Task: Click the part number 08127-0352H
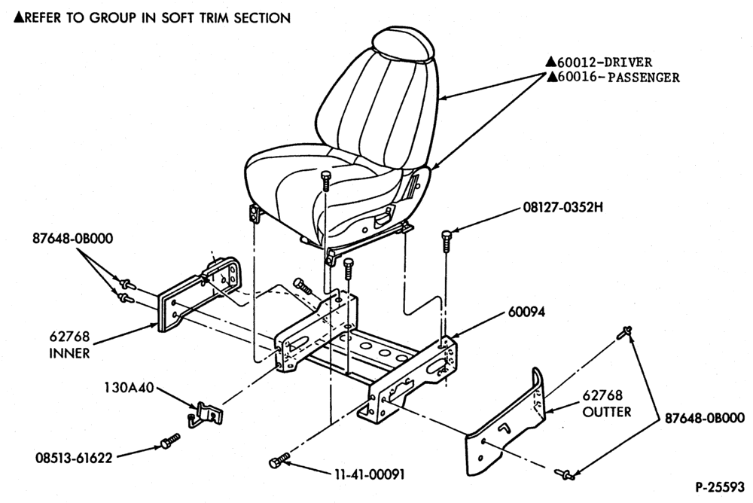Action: [x=562, y=208]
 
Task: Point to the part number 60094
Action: [x=526, y=312]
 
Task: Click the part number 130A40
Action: [x=130, y=387]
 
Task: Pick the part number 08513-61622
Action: [x=74, y=459]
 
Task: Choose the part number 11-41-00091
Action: [x=369, y=474]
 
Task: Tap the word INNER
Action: [x=69, y=353]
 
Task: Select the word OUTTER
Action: [x=607, y=412]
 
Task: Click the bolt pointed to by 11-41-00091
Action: [x=279, y=460]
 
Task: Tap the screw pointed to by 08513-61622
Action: [x=169, y=441]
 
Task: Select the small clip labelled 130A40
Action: [x=205, y=414]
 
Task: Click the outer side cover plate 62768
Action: [x=507, y=425]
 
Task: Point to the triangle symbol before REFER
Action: [x=18, y=18]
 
